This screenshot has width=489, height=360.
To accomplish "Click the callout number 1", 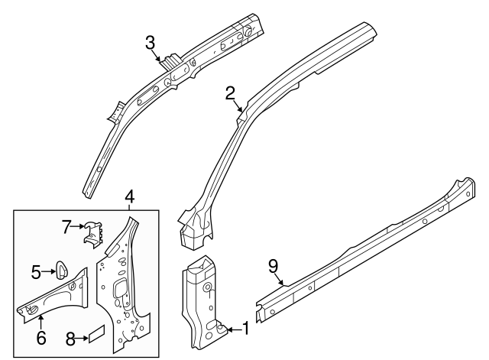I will [246, 329].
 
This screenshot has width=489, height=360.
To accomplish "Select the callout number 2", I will [230, 93].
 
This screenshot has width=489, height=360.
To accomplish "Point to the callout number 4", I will [130, 196].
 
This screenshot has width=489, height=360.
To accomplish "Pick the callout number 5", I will [35, 270].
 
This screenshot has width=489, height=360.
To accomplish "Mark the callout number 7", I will [66, 225].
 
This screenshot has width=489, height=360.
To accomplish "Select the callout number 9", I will [274, 266].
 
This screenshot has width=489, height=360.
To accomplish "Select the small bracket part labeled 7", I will [93, 232].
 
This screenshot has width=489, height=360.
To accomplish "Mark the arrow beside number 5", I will [47, 270].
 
